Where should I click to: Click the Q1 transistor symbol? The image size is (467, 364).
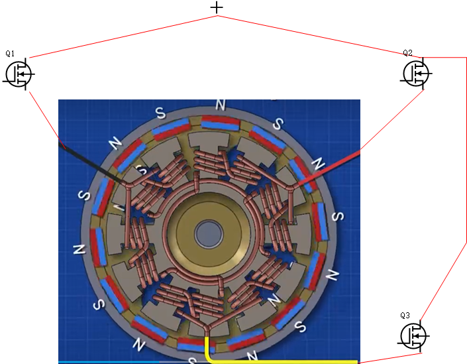coord(19,74)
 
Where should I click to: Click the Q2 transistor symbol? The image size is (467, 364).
coord(417,74)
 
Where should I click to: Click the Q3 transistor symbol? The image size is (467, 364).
coord(414,336)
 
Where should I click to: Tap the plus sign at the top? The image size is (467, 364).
coord(217,8)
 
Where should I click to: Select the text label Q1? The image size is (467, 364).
coord(10,53)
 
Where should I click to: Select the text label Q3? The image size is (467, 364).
coord(405,316)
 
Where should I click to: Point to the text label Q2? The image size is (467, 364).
coord(408,53)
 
